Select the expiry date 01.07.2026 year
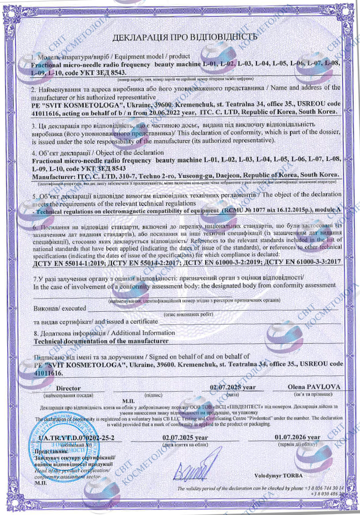point(297,437)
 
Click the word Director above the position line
point(68,388)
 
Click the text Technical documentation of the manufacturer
point(101,341)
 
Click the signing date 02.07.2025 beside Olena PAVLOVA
point(227,387)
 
